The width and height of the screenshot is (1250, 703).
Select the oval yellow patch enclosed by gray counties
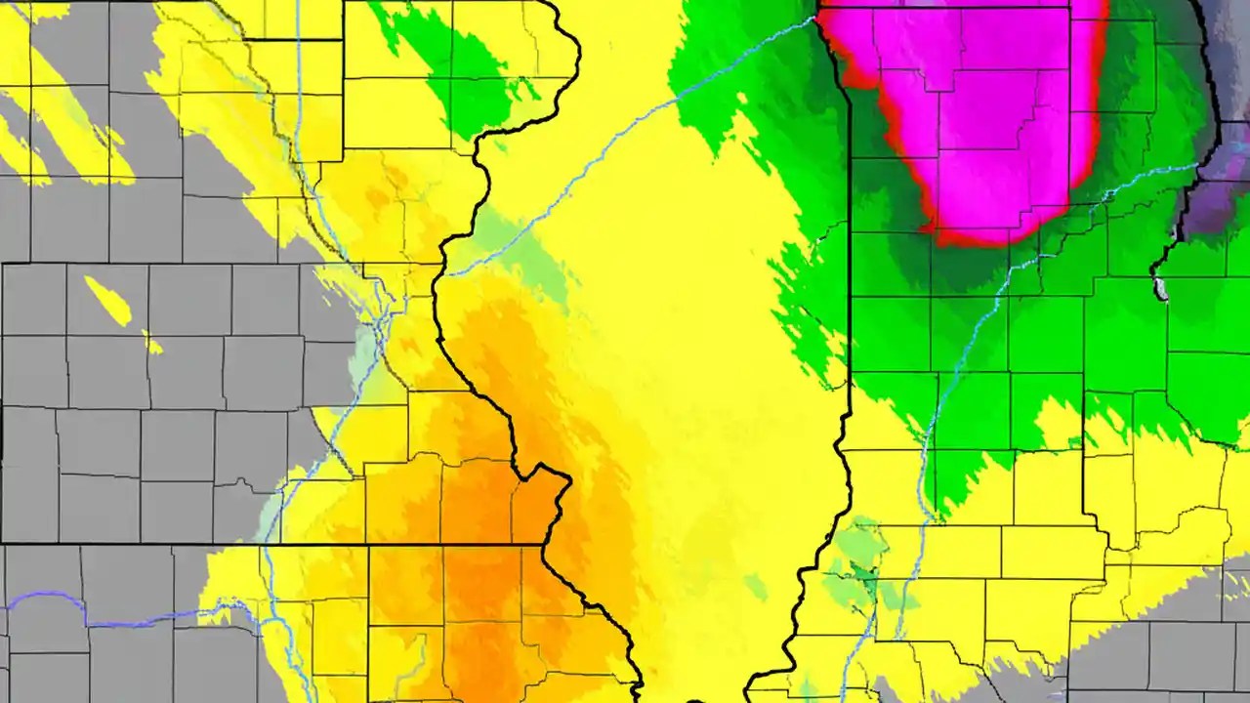pos(107,300)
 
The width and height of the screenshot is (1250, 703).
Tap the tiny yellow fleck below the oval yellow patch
pos(152,343)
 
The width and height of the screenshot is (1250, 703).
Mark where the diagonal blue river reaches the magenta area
pos(818,18)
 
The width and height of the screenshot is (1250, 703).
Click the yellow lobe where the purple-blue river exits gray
pos(234,586)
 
